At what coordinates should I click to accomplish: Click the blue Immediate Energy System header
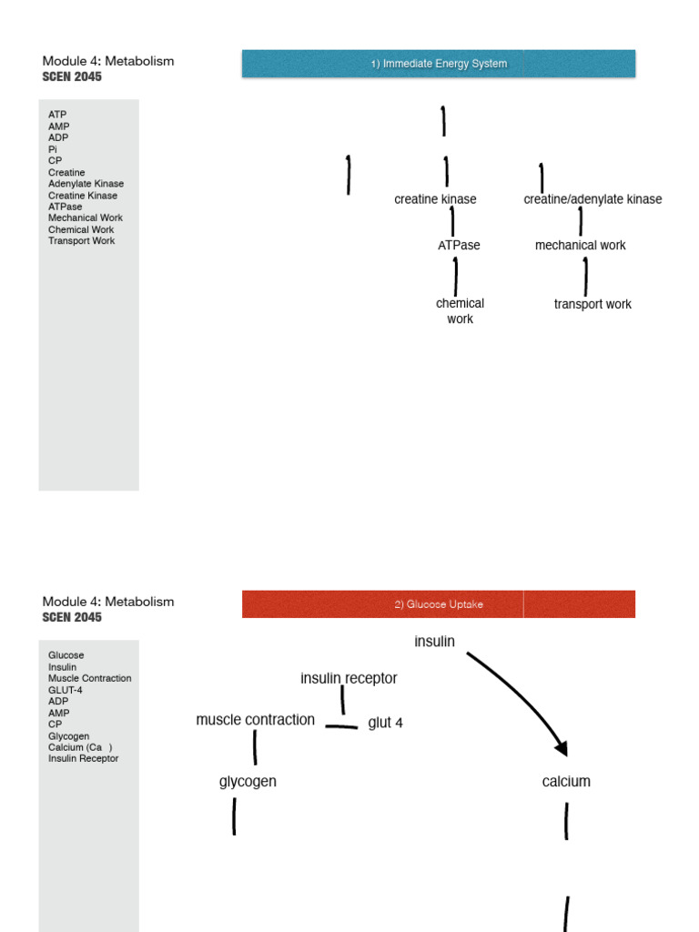coord(439,64)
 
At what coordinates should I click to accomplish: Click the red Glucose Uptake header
coord(439,604)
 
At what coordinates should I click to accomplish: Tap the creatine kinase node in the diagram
coord(435,199)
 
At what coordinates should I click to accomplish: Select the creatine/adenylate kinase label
coord(593,199)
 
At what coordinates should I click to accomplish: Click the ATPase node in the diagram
coord(459,246)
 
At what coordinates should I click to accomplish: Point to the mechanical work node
coord(580,246)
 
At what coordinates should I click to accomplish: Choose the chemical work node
coord(460,311)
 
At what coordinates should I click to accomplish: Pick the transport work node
coord(593,304)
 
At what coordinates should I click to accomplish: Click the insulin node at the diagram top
coord(434,642)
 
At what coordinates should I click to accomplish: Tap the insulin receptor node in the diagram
coord(349,678)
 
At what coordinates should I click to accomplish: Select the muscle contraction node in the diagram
coord(255,720)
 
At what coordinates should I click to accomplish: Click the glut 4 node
coord(385,723)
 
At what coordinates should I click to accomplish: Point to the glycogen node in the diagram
coord(248,782)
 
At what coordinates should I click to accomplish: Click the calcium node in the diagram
coord(566,782)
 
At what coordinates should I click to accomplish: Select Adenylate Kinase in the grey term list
coord(86,184)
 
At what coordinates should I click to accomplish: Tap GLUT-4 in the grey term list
coord(66,690)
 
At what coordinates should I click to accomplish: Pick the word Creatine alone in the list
coord(66,173)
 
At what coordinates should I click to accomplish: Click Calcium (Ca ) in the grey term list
coord(80,747)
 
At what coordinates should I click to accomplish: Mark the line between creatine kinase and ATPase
coord(452,222)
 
